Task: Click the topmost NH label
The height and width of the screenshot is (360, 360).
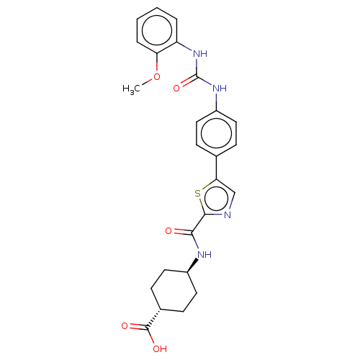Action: pos(200,54)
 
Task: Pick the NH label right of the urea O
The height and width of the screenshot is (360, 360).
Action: pos(220,89)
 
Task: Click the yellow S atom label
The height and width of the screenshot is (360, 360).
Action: pos(197,192)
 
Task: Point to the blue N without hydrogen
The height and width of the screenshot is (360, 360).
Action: pos(227,214)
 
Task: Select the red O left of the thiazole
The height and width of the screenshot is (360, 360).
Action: pos(170,231)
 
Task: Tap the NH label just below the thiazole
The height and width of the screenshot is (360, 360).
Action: pos(204,253)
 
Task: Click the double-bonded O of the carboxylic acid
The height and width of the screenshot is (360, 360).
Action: pos(125,326)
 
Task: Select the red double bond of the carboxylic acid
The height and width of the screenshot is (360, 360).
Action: pos(135,328)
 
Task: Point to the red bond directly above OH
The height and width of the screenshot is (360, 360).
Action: pos(148,338)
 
